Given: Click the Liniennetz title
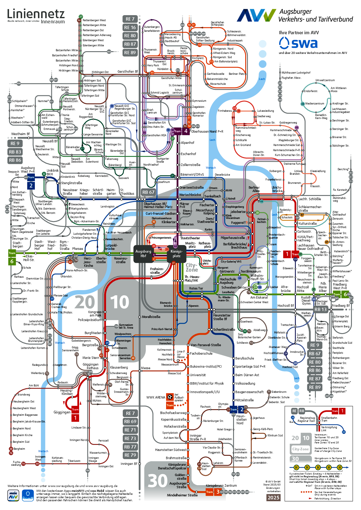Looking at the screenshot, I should [x=36, y=14].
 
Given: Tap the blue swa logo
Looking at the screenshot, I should [x=298, y=43].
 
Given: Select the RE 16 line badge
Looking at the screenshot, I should [x=130, y=27].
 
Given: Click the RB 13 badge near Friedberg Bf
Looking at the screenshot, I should [x=320, y=309].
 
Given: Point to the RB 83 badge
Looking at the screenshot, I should [x=15, y=152].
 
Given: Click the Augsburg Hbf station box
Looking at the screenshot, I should [x=143, y=253].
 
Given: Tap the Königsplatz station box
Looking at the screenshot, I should [x=176, y=253].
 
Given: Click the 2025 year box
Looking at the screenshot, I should [x=273, y=498].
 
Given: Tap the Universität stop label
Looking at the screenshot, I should [x=198, y=375].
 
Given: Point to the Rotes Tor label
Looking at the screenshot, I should [x=196, y=288].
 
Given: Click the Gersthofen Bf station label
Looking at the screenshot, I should [x=128, y=71].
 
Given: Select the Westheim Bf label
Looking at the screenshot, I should [x=20, y=134].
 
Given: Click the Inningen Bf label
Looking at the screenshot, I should [x=129, y=464].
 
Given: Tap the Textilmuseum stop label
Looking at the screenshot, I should [x=251, y=271].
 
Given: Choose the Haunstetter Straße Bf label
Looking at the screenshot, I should [x=222, y=317].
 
